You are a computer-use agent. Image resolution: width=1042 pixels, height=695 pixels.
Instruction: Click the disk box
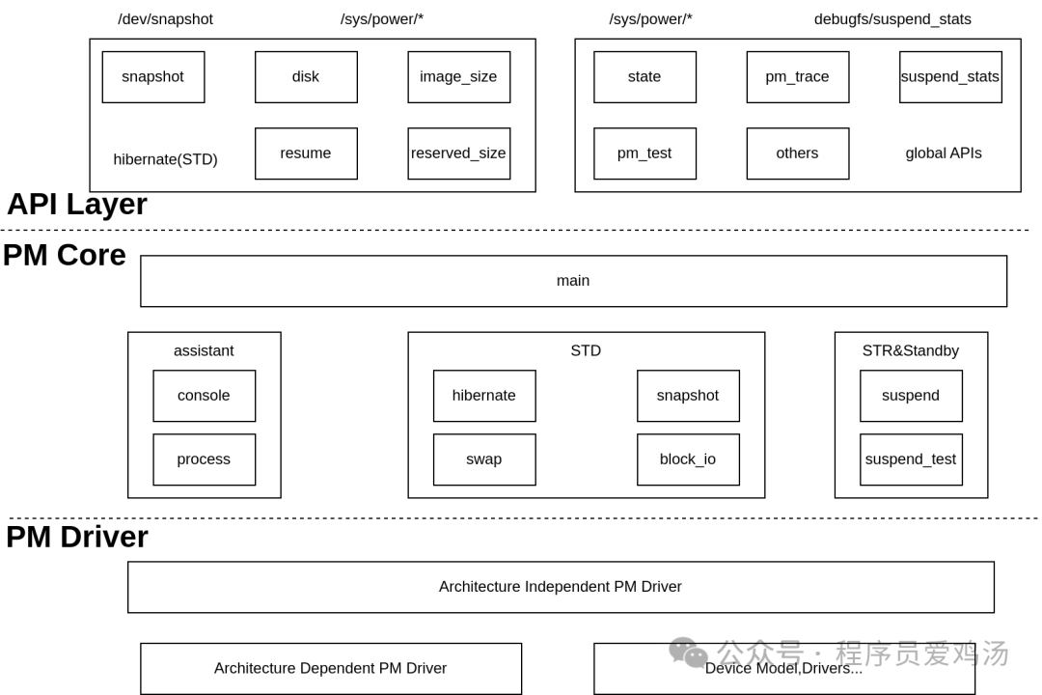[x=306, y=77]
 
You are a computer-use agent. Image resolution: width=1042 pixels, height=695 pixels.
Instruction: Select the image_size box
[x=458, y=77]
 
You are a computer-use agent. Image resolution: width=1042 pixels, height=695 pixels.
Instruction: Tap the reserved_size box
[x=458, y=153]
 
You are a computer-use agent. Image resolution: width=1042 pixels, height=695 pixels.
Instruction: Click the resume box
[x=306, y=153]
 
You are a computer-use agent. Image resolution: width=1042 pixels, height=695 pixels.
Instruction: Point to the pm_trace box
[x=797, y=77]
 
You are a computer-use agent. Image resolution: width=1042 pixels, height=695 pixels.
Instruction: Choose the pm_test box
[x=644, y=153]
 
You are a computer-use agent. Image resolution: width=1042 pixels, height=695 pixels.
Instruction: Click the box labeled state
[x=644, y=77]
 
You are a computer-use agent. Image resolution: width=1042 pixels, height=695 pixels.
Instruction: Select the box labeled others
[x=797, y=153]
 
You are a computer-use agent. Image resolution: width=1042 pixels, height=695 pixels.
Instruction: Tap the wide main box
[x=573, y=281]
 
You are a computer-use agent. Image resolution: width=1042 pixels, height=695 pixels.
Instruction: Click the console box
[x=204, y=396]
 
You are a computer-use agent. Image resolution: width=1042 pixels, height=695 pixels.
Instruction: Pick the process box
[x=204, y=459]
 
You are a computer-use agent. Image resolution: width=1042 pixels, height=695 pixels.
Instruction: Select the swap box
[x=483, y=459]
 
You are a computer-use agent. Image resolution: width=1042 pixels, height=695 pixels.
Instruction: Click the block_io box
[x=688, y=459]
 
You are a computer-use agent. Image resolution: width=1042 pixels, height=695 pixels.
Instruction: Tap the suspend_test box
[x=911, y=459]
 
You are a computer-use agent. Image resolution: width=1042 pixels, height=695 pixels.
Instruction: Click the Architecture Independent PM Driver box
[x=561, y=587]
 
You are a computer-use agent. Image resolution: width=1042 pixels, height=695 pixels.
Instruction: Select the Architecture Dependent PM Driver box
[x=331, y=668]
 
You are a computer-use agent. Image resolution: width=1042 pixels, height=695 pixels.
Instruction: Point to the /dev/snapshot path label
[x=165, y=19]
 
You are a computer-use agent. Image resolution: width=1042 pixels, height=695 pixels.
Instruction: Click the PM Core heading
[x=65, y=256]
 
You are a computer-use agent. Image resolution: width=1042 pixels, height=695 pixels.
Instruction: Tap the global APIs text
[x=943, y=153]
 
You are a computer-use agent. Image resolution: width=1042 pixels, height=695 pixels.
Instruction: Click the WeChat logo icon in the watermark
[x=689, y=653]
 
